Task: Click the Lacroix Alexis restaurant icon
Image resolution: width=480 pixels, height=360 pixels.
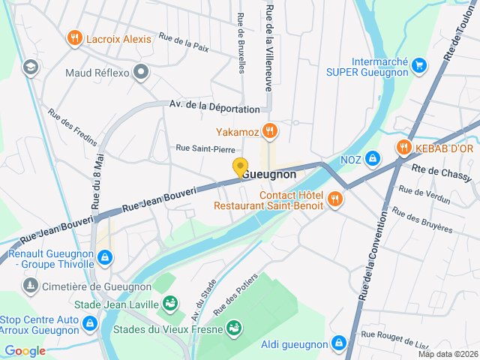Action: [x=74, y=38]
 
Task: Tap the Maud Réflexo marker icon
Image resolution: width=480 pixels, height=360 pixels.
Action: [x=142, y=72]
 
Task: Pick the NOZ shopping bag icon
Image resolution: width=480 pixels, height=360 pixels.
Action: [x=373, y=159]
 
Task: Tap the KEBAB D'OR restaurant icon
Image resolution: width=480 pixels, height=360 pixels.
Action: [x=405, y=147]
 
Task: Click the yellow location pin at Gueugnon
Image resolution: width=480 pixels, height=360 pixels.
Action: [x=240, y=168]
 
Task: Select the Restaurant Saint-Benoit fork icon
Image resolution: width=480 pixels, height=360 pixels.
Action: [x=334, y=199]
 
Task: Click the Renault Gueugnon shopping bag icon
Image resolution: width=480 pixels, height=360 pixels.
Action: [x=104, y=258]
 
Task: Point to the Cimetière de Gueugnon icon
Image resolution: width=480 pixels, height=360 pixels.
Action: [x=30, y=286]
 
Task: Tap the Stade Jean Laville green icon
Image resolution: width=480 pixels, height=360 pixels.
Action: [x=171, y=304]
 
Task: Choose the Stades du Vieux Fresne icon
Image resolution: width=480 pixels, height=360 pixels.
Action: [x=235, y=328]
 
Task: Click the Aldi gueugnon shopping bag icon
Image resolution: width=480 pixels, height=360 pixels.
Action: [x=340, y=343]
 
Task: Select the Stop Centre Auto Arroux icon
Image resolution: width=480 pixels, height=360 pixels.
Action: [x=90, y=323]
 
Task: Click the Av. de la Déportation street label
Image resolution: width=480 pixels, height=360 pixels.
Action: [x=208, y=106]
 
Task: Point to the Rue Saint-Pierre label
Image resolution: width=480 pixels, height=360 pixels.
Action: [x=205, y=149]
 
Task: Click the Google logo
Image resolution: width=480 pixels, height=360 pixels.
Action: [x=25, y=351]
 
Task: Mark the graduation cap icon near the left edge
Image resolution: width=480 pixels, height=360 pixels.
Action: [x=30, y=67]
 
